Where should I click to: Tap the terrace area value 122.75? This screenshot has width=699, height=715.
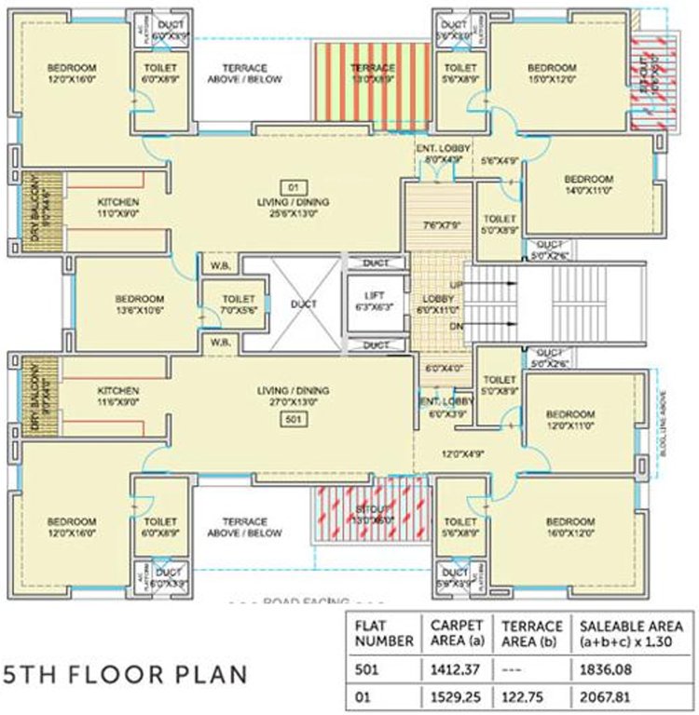[525, 695]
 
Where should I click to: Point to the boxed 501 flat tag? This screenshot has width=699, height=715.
[292, 420]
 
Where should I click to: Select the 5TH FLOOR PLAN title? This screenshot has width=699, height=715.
[127, 673]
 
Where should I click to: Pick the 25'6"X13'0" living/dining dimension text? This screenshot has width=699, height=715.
[293, 213]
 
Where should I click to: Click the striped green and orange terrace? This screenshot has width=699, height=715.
[372, 80]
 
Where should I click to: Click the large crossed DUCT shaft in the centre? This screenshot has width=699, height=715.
[304, 304]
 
